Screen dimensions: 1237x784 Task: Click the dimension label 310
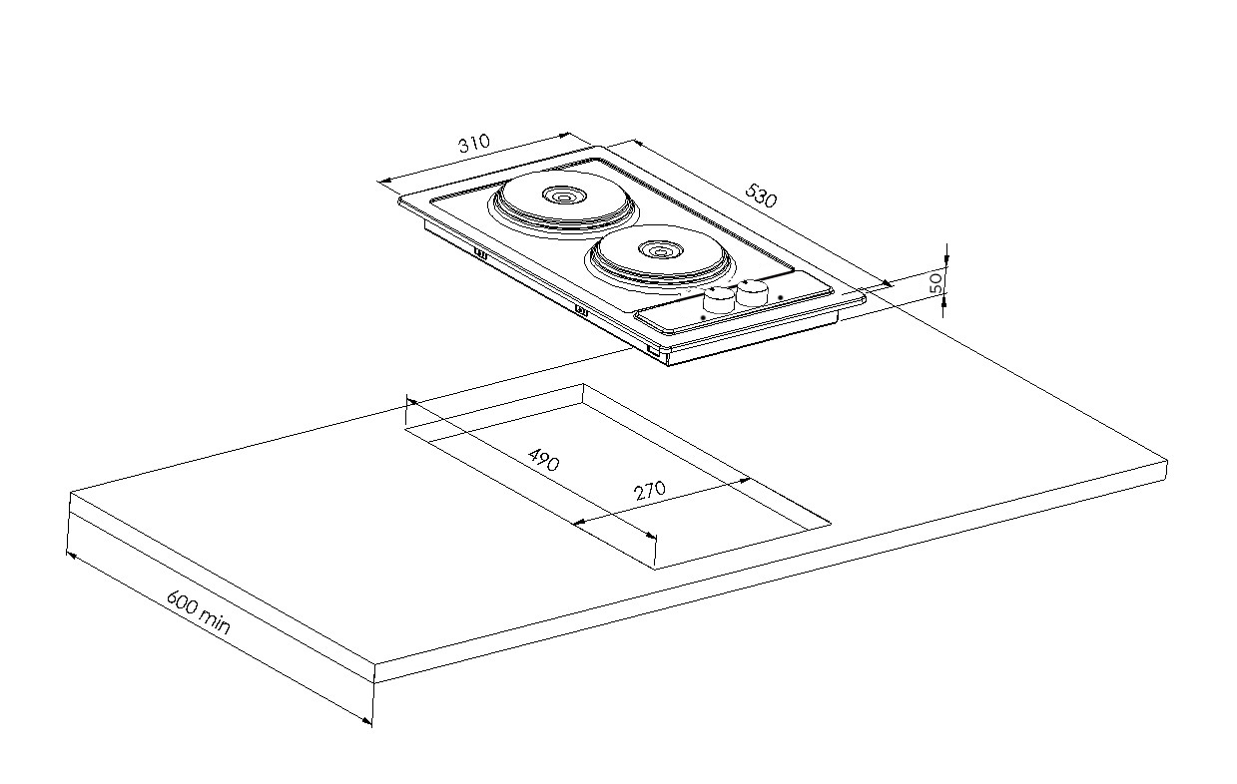474,143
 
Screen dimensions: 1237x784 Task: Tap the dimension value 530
761,196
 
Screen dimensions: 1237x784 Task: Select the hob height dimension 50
936,282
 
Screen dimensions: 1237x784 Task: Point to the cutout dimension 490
544,460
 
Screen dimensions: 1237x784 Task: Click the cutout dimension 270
650,490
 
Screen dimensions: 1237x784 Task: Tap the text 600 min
198,612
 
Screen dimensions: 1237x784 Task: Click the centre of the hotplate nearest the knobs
660,251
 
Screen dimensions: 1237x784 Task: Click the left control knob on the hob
719,300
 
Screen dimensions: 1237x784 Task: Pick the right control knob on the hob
752,292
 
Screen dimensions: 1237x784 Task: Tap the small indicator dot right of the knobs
781,297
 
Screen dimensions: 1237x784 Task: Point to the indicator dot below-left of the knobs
703,317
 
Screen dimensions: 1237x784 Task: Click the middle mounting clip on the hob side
581,310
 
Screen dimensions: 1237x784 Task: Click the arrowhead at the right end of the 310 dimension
563,134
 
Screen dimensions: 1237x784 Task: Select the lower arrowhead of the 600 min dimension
366,720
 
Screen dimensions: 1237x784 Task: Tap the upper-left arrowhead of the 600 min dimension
72,555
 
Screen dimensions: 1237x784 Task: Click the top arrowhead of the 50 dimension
946,260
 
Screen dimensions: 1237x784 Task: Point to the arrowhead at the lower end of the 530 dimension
886,283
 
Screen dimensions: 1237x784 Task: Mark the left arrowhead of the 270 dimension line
579,522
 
